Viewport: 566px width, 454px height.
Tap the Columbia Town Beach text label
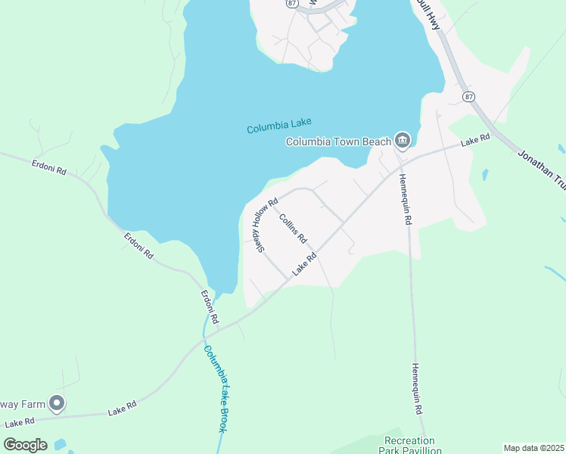coord(338,141)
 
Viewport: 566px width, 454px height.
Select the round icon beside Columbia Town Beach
coord(403,139)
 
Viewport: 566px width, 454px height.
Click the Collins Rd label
coord(292,228)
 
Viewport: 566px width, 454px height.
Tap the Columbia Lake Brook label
coord(216,388)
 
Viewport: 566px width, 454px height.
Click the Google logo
coord(25,444)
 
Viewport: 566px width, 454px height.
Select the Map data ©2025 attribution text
coord(533,448)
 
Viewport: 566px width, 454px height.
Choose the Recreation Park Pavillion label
coord(409,446)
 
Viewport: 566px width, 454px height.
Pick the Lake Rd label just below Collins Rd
coord(304,264)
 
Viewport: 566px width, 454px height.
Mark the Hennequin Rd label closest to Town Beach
coord(404,200)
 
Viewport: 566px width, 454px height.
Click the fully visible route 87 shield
coord(469,96)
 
